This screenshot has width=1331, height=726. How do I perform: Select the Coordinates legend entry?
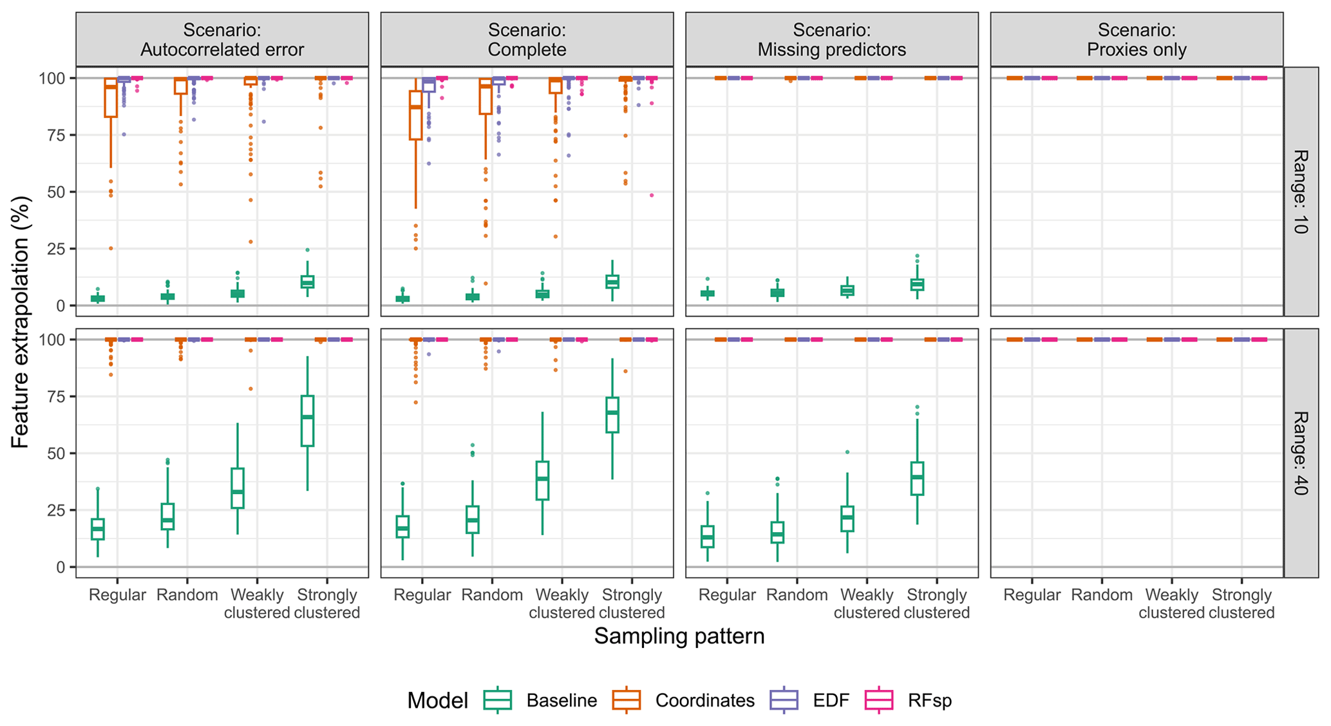[683, 700]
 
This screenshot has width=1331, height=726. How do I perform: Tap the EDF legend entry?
[809, 700]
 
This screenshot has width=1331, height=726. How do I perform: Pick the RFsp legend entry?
[908, 700]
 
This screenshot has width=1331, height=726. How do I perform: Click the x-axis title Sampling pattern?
[679, 636]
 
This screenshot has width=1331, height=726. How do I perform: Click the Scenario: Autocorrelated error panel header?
[222, 39]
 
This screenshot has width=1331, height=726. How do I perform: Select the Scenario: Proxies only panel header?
[1137, 39]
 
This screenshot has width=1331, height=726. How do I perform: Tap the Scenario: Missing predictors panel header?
[831, 39]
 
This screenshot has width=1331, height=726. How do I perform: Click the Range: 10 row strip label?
[1299, 191]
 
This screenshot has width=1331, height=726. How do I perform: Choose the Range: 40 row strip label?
[1299, 453]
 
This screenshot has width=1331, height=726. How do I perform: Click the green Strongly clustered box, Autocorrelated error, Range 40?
[307, 421]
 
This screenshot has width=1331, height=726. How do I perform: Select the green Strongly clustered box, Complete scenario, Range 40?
[612, 415]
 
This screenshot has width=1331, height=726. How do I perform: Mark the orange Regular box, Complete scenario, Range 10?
[415, 115]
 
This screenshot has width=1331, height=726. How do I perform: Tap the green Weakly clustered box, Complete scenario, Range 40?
[542, 481]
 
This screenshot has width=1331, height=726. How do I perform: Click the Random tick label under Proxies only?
[1102, 595]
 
